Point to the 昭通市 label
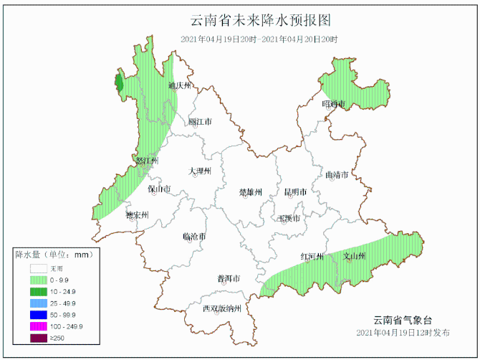coord(334,105)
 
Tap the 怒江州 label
coord(147,161)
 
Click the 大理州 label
coord(200,171)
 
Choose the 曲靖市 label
coord(337,175)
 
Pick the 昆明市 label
coord(295,192)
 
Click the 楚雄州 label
coord(251,192)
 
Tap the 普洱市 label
coord(228,278)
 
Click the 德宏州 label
coord(136,214)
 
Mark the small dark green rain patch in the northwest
coord(119,84)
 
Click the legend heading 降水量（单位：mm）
coord(53,255)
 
